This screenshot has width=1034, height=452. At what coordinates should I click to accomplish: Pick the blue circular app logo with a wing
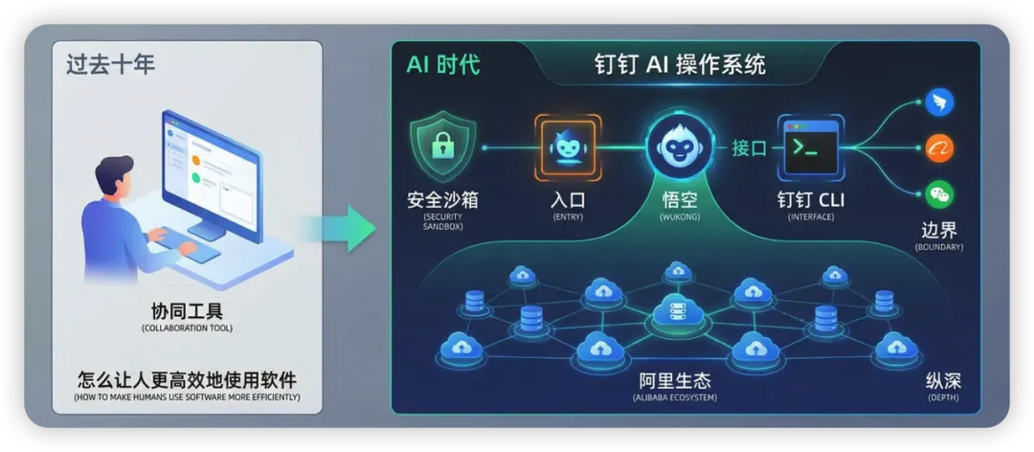(x=939, y=102)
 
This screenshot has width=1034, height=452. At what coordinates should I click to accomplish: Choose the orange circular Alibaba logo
(x=939, y=147)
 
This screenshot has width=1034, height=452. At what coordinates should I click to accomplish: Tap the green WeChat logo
(x=939, y=194)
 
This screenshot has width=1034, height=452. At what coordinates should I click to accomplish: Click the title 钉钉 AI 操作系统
(x=680, y=65)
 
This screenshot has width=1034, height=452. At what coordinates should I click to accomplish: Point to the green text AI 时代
(x=443, y=65)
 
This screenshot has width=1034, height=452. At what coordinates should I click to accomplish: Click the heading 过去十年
(x=111, y=65)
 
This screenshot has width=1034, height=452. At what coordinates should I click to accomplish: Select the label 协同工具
(x=187, y=311)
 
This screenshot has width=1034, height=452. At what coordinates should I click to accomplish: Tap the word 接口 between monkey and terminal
(x=750, y=147)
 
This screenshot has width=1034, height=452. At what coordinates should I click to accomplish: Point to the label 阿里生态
(x=677, y=379)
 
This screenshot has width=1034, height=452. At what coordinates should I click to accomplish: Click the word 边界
(x=938, y=230)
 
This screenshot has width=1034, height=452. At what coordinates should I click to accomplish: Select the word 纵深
(x=942, y=379)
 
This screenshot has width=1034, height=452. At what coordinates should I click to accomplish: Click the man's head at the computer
(x=114, y=178)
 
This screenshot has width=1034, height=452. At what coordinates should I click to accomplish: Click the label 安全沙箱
(x=441, y=200)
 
